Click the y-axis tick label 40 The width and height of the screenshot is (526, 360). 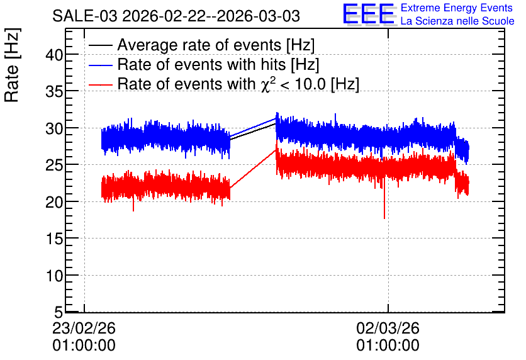click(54, 55)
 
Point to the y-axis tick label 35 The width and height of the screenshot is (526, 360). click(54, 91)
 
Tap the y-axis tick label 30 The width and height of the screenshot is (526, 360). click(54, 128)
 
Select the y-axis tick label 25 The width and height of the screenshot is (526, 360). click(54, 165)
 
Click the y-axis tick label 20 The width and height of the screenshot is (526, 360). click(54, 202)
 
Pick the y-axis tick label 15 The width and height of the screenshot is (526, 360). click(54, 239)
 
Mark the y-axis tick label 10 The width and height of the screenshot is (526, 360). click(54, 276)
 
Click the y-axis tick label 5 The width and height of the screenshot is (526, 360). click(59, 313)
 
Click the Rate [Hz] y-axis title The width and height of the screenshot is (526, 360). click(12, 65)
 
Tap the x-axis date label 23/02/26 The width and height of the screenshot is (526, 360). click(84, 328)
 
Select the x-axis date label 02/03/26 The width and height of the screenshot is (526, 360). click(388, 328)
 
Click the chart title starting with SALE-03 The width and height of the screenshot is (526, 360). click(176, 16)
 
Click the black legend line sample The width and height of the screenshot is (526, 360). click(101, 45)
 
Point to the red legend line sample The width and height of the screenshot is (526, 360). click(101, 84)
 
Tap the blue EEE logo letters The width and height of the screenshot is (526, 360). click(369, 14)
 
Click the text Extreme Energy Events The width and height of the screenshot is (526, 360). click(457, 8)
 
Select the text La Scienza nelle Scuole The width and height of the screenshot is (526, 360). click(457, 21)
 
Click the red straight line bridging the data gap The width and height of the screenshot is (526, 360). click(254, 169)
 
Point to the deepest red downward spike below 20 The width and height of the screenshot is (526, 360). click(384, 208)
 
